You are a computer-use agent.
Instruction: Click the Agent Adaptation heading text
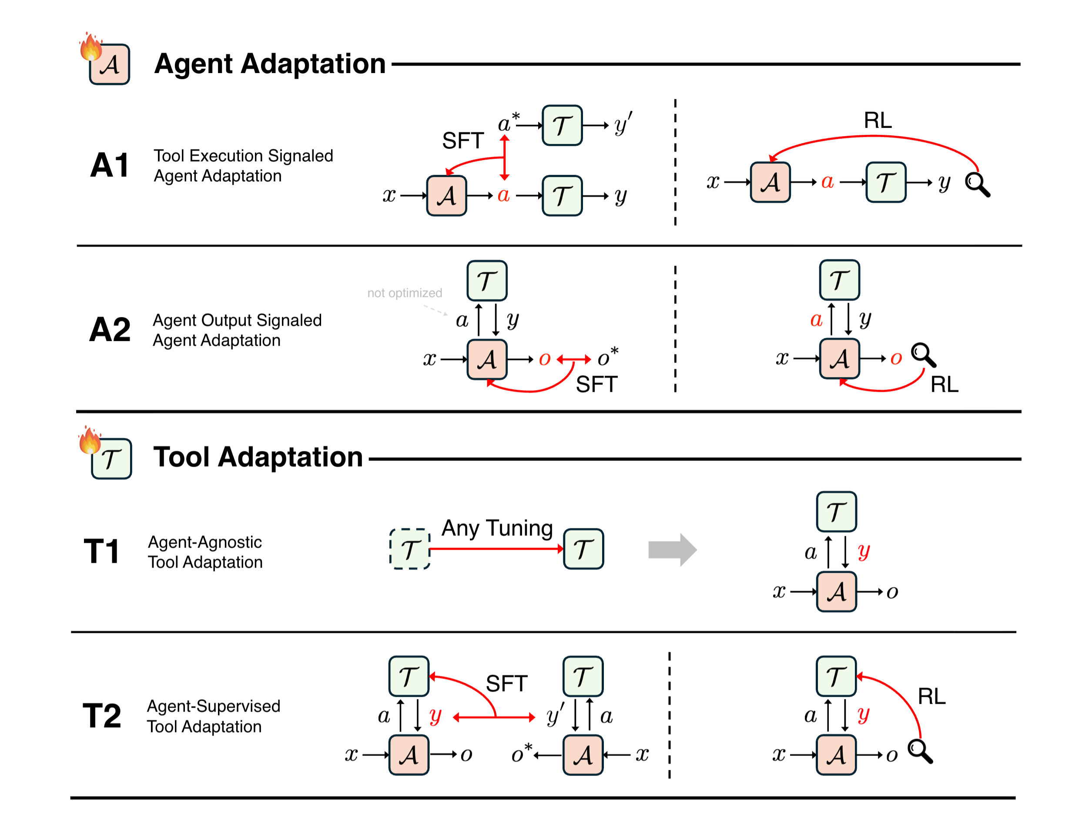click(x=269, y=64)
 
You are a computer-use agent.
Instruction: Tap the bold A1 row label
click(x=110, y=165)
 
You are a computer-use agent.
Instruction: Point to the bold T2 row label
click(x=102, y=716)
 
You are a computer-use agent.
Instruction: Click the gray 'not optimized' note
click(x=404, y=293)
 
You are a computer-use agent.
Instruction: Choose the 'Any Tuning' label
click(x=497, y=528)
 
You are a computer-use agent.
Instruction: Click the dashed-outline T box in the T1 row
click(x=409, y=549)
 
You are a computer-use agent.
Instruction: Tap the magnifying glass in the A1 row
click(x=977, y=185)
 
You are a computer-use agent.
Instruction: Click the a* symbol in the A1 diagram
click(x=507, y=123)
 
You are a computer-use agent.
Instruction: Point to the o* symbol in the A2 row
click(x=607, y=357)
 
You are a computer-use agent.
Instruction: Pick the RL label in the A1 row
click(x=877, y=120)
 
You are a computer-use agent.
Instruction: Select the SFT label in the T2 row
click(x=506, y=684)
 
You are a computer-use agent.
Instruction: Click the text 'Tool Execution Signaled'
click(x=243, y=156)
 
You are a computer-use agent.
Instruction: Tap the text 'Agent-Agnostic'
click(x=204, y=542)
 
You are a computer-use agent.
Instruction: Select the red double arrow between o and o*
click(x=573, y=359)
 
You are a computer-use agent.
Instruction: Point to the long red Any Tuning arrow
click(x=496, y=549)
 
